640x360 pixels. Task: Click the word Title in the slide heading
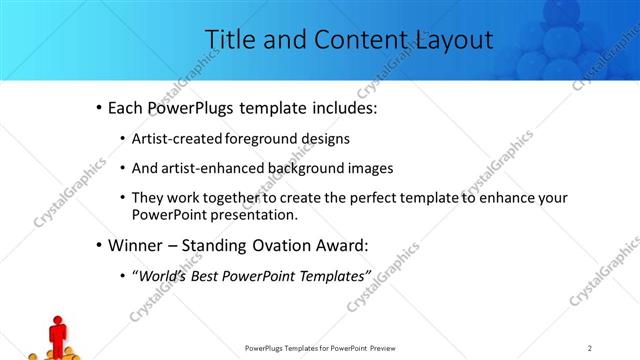click(x=229, y=39)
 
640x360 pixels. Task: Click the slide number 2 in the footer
click(x=590, y=347)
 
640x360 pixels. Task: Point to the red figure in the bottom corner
click(x=57, y=332)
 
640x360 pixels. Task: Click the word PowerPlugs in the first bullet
click(x=190, y=107)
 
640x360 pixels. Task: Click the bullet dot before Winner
click(x=98, y=245)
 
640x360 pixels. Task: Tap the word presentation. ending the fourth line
click(x=254, y=214)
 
